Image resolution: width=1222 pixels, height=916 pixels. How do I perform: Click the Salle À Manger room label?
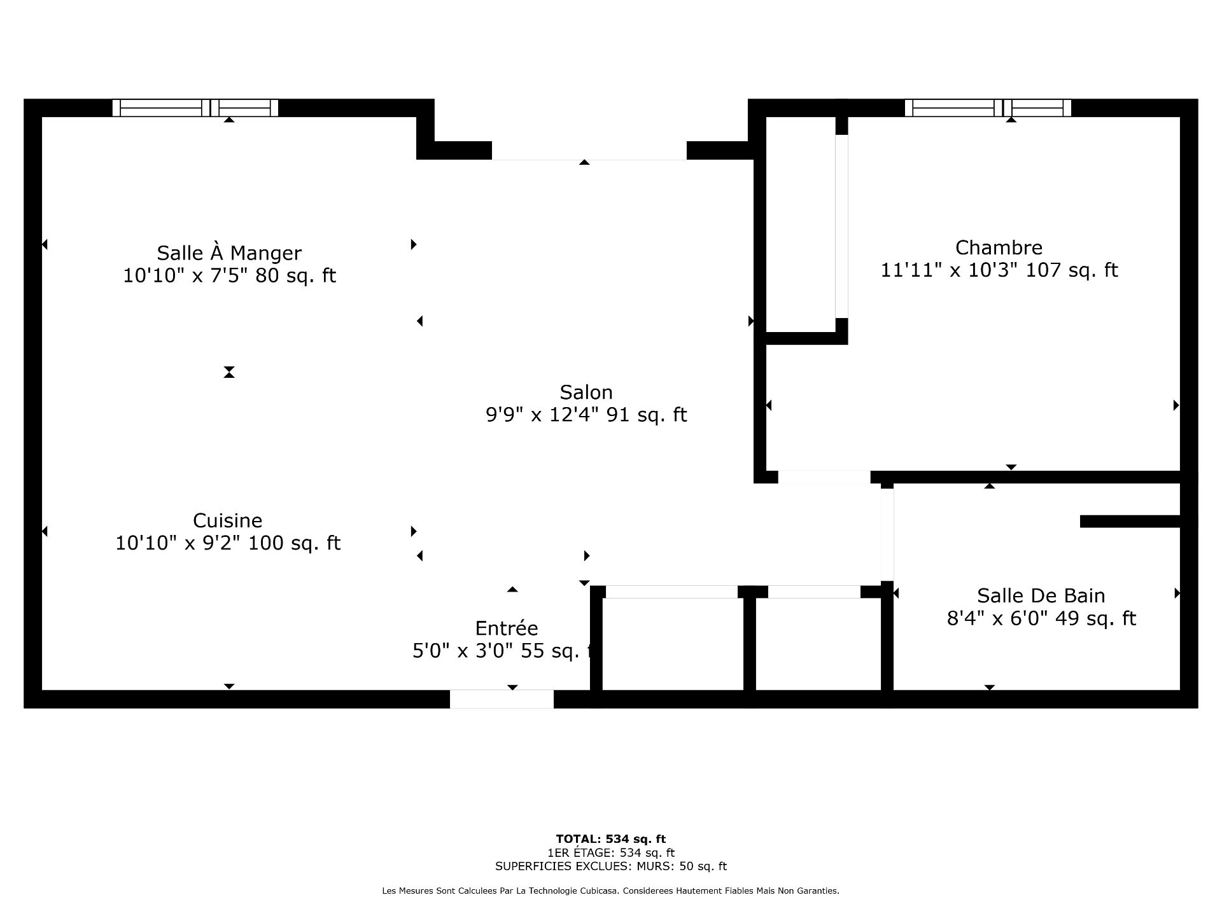[229, 253]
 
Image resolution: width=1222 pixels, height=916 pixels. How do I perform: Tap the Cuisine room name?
[228, 520]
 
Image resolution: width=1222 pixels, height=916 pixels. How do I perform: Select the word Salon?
[586, 392]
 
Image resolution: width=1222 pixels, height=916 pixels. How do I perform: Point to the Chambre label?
[999, 247]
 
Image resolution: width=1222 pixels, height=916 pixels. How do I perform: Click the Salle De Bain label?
[1041, 595]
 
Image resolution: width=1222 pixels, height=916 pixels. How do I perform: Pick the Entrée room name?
[507, 628]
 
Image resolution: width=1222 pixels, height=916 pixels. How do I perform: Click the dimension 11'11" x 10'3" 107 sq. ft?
[999, 270]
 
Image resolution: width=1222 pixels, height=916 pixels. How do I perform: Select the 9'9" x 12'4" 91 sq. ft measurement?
[586, 415]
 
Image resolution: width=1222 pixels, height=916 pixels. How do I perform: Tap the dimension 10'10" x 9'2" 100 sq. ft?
[228, 543]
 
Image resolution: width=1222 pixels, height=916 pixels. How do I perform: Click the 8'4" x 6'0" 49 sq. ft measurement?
[1041, 618]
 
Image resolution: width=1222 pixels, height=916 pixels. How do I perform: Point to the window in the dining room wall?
[195, 108]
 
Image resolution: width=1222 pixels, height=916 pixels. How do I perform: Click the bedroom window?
[988, 108]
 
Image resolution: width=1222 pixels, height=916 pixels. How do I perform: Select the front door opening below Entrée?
[502, 699]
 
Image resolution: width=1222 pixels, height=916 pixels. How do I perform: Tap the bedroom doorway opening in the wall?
[824, 477]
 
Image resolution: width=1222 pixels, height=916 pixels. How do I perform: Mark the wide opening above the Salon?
[589, 151]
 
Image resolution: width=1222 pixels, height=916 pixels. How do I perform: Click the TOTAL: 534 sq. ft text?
[611, 839]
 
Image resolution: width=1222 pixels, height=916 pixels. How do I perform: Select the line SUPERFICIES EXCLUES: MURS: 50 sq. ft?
[611, 866]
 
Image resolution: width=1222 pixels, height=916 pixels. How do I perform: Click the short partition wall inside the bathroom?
[1130, 522]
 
